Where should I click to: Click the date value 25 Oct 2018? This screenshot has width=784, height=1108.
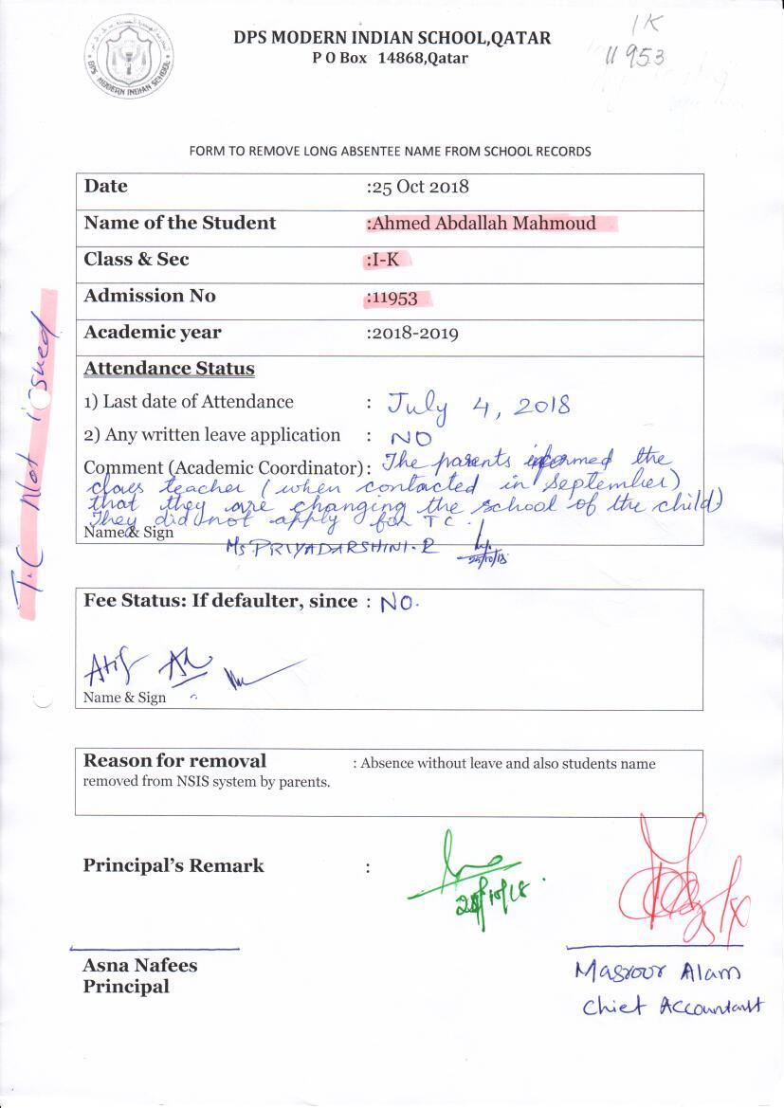point(419,187)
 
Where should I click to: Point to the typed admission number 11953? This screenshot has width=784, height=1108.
point(393,298)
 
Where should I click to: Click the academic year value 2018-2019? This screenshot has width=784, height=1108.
point(414,333)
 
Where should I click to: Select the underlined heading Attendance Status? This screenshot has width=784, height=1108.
point(169,369)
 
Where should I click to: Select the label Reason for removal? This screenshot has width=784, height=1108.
point(174,761)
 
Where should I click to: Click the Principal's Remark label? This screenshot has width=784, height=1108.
point(173,865)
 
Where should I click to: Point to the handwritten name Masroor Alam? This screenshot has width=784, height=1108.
point(656,972)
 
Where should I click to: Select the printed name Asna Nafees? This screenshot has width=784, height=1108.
point(139,966)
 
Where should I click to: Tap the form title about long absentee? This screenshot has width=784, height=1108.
point(390,152)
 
